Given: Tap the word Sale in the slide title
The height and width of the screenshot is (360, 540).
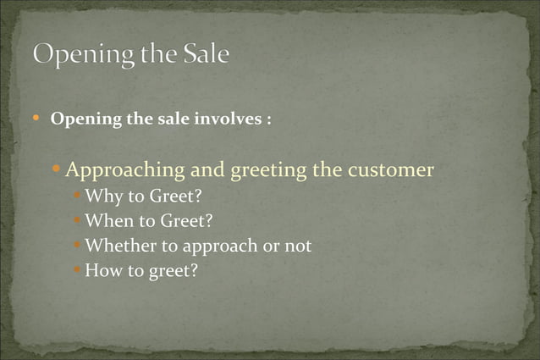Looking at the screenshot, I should tap(206, 54).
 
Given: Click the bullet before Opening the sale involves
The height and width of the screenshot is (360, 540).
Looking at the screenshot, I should tap(36, 119).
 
